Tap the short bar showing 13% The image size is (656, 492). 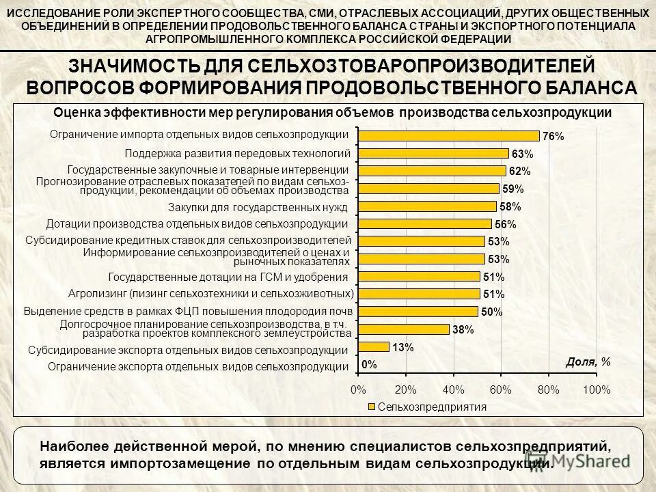coord(374,346)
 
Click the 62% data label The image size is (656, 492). coord(519,172)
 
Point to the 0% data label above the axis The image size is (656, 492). coord(369,365)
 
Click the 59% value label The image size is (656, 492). coord(512,189)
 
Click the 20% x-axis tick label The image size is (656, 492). coord(405,389)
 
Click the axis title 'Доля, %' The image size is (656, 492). coord(588,362)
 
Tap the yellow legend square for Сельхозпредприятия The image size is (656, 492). coord(372,407)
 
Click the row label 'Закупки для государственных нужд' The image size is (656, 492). coord(258,206)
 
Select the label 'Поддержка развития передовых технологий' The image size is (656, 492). coord(237,152)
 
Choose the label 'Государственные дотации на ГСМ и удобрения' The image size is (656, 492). coord(229,277)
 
